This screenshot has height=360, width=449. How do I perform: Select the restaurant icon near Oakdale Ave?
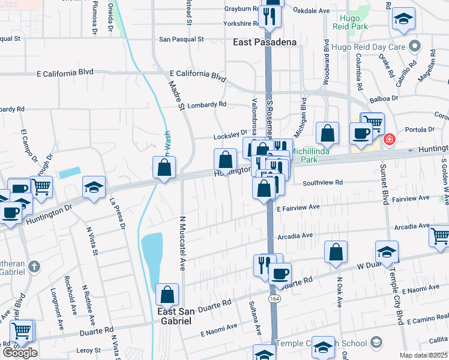pos(270,16)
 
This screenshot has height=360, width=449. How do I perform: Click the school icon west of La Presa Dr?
pos(94,187)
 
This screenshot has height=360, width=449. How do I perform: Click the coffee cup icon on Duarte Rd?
pos(279,274)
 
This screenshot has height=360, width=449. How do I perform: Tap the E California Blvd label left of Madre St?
pos(65,72)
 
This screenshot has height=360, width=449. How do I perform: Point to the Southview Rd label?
pos(322,182)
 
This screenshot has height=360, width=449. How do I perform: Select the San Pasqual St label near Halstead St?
pos(181,39)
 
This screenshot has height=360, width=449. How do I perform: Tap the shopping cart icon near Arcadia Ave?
pos(440,236)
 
